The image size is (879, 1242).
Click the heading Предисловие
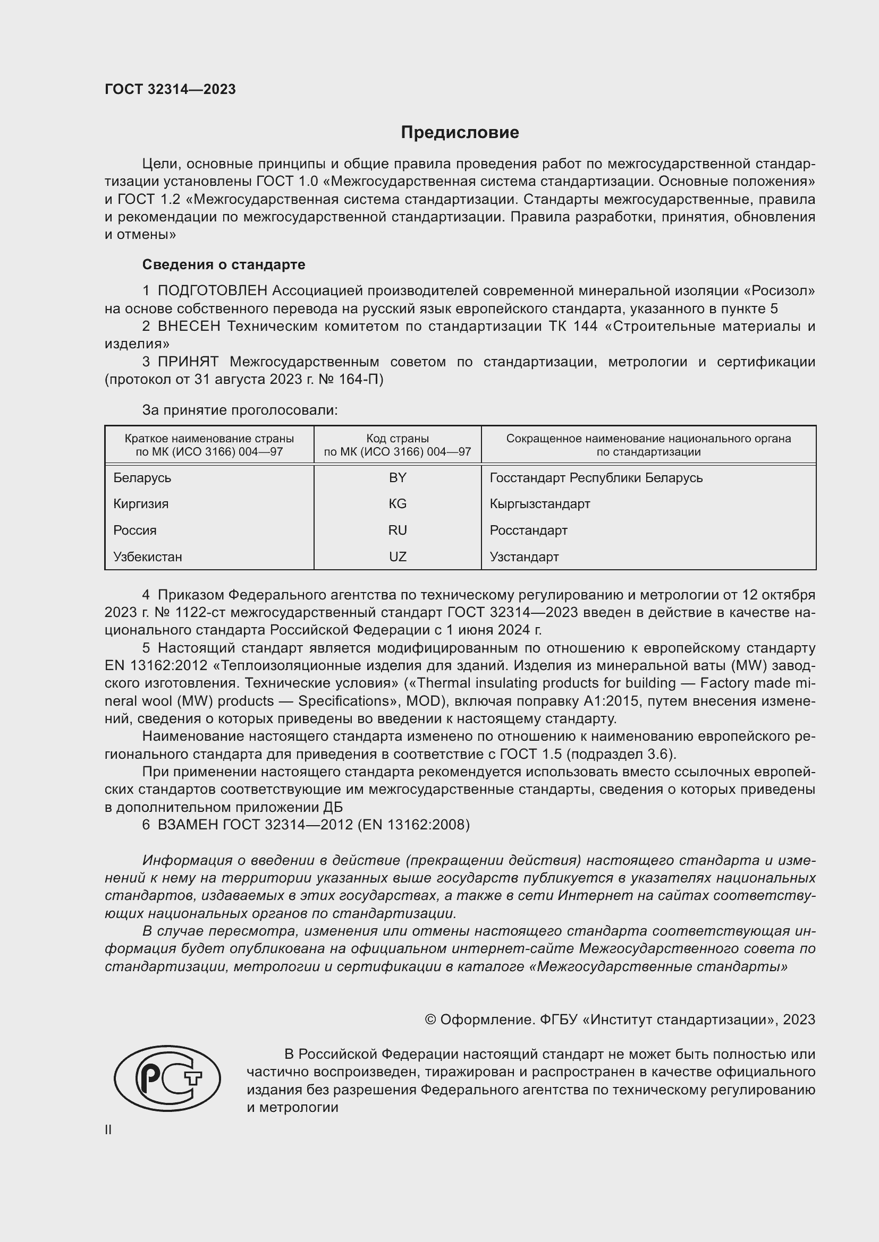coord(460,133)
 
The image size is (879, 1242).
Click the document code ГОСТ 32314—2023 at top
coord(170,89)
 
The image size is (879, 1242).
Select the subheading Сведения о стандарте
coord(224,264)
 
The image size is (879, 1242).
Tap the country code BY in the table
coord(398,478)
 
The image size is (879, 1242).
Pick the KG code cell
coord(398,503)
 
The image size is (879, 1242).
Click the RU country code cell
coord(398,530)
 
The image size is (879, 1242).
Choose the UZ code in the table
coord(398,556)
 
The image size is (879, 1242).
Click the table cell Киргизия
coord(141,503)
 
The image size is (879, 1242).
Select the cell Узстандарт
coord(524,556)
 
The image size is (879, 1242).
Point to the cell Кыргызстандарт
coord(539,503)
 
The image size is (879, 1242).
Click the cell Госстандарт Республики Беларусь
coord(596,478)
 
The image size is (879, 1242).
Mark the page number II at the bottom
coord(108,1130)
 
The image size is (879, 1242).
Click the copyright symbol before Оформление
coord(430,1020)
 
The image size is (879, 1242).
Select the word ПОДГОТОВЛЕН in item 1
coord(212,291)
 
